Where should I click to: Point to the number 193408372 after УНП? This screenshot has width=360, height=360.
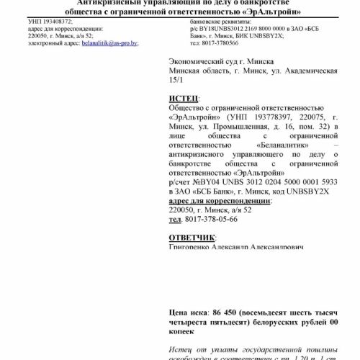tap(54, 23)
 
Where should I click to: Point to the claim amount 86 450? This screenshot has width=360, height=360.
tap(227, 313)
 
